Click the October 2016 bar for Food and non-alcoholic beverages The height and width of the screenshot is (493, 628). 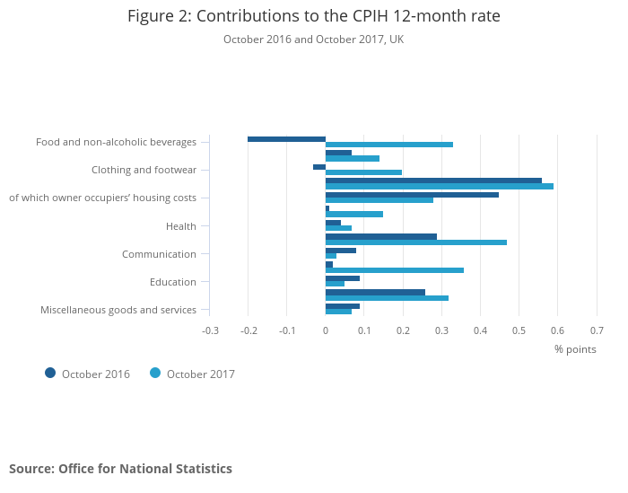click(286, 138)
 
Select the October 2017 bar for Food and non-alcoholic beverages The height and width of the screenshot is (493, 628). click(388, 145)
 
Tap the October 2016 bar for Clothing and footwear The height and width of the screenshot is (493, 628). click(319, 166)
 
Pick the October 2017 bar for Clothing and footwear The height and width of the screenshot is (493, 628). click(363, 172)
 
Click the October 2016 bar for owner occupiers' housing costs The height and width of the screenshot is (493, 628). click(412, 194)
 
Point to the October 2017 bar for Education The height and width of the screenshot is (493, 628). click(335, 284)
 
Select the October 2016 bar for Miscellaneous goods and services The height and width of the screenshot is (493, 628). click(342, 306)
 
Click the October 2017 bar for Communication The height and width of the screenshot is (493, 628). click(331, 256)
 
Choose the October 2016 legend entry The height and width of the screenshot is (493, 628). click(87, 374)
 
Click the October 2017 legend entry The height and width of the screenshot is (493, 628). click(192, 374)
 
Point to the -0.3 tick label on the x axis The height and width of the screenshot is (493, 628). click(210, 330)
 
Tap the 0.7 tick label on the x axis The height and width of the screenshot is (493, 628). click(597, 330)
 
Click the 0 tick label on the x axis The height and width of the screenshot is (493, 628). click(326, 330)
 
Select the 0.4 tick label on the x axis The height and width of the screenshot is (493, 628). click(480, 330)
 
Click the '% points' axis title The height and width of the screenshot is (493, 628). click(575, 349)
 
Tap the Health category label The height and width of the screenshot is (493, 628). click(181, 226)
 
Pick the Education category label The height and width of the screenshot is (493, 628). click(173, 282)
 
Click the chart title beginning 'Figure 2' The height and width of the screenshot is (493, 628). click(314, 16)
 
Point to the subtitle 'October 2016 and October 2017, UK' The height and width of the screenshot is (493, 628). click(314, 40)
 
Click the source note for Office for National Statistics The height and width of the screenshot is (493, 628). click(120, 469)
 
